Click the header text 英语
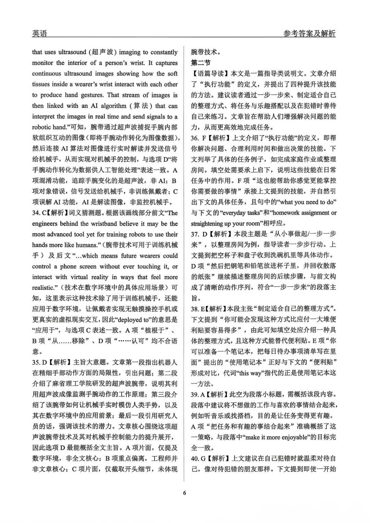39,33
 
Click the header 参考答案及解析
309,33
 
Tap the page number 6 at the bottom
185,493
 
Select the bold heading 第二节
201,63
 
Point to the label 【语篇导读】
209,73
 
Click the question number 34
36,213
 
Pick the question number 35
36,362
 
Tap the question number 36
195,138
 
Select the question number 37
195,234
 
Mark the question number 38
195,309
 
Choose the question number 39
195,394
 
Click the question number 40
195,458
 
